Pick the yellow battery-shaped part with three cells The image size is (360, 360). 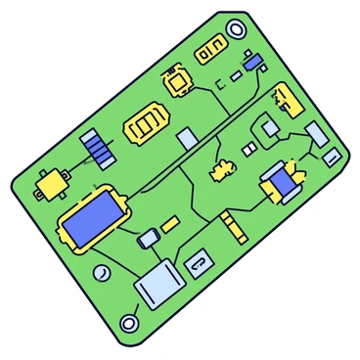coord(147,124)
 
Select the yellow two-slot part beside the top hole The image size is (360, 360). coord(209,53)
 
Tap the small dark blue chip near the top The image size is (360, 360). coord(253,63)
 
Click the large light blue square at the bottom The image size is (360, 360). coord(158,285)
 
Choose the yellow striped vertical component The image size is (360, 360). coord(235,227)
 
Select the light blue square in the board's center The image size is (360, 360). coord(187,140)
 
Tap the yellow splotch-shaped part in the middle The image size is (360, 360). coord(223,170)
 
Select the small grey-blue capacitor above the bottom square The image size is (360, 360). coord(150,238)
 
